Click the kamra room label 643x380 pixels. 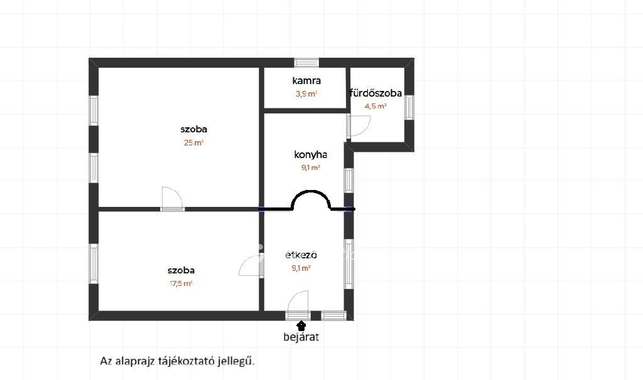coord(306,81)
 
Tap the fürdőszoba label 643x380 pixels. coord(376,93)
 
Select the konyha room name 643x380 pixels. coord(310,155)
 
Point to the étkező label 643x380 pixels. coord(301,255)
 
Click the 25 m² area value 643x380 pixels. coord(193,143)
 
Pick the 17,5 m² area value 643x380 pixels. coord(181,283)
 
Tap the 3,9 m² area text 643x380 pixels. coord(306,94)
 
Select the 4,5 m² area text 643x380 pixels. coord(376,106)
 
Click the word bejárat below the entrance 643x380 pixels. coord(301,337)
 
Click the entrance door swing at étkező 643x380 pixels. coord(298,303)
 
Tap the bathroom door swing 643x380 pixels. coord(359,125)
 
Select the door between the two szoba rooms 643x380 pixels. coord(172,199)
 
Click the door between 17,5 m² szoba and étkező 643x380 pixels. coord(251,266)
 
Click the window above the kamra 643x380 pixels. coord(306,63)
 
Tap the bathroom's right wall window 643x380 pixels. coord(409,107)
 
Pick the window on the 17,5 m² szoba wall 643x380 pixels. coord(94,263)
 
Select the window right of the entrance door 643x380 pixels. coord(334,315)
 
